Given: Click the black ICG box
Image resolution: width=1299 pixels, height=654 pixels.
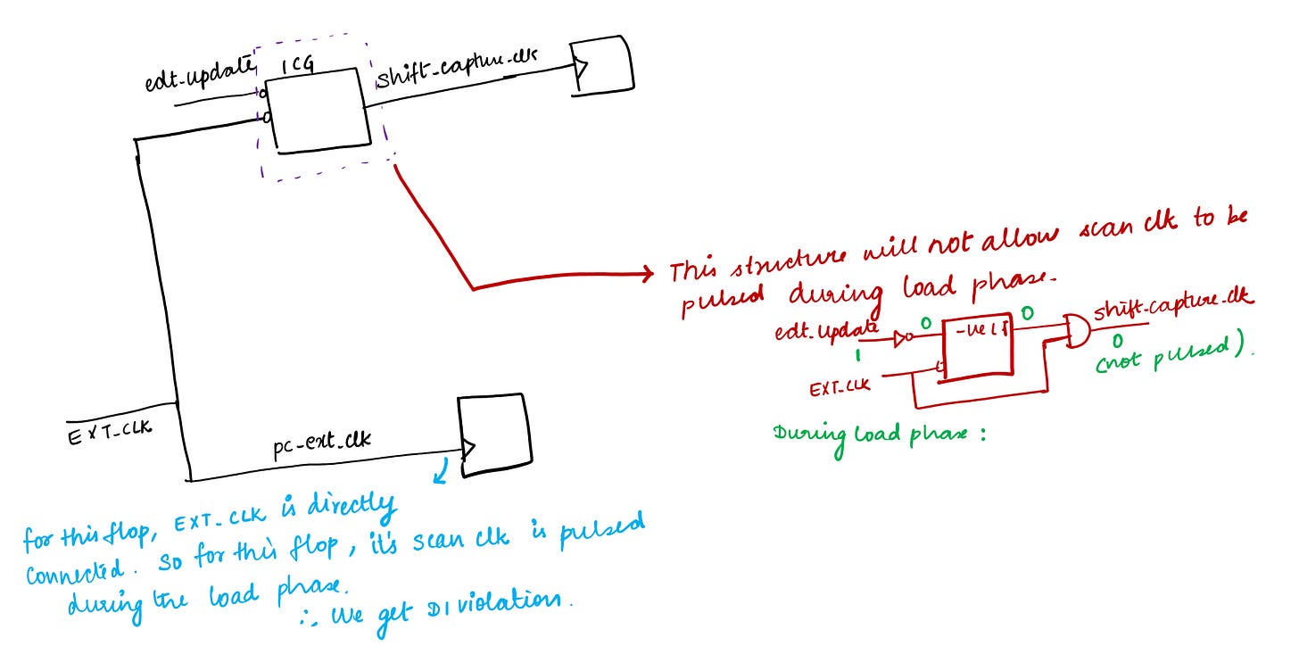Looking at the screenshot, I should (320, 112).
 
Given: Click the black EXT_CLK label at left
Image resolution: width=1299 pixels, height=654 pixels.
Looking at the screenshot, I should (110, 433).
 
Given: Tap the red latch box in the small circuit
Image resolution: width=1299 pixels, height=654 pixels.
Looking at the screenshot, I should (979, 349).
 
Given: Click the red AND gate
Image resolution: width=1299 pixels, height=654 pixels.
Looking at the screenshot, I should (1073, 331).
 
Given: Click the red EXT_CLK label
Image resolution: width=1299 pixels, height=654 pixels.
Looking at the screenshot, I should (840, 389).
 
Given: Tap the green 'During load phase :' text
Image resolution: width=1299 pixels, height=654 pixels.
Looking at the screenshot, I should (879, 437).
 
